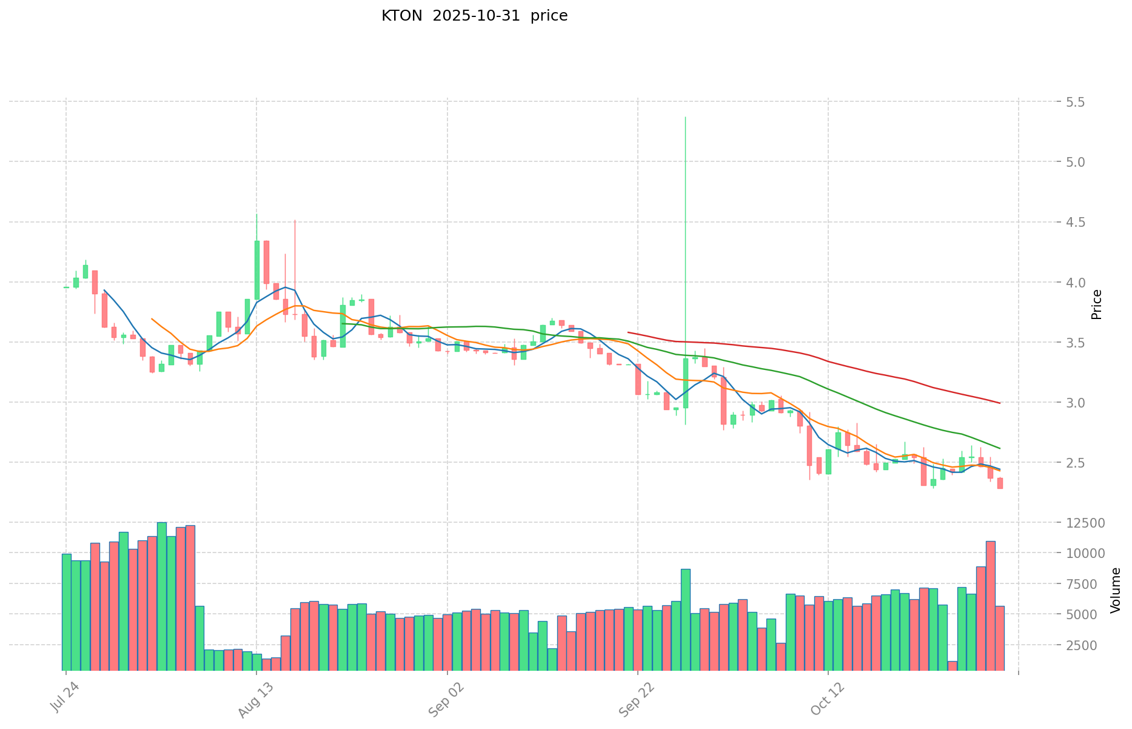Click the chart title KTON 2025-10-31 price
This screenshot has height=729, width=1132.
click(x=474, y=16)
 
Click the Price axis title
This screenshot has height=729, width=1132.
click(x=1096, y=304)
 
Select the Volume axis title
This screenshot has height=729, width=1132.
click(x=1116, y=590)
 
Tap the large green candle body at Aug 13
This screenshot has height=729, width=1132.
click(x=257, y=270)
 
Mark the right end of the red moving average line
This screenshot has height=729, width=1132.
click(x=999, y=403)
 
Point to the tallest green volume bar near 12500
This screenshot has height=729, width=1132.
click(x=162, y=596)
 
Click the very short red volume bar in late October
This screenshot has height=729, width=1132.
click(x=953, y=666)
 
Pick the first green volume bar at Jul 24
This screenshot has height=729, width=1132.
click(x=67, y=611)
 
